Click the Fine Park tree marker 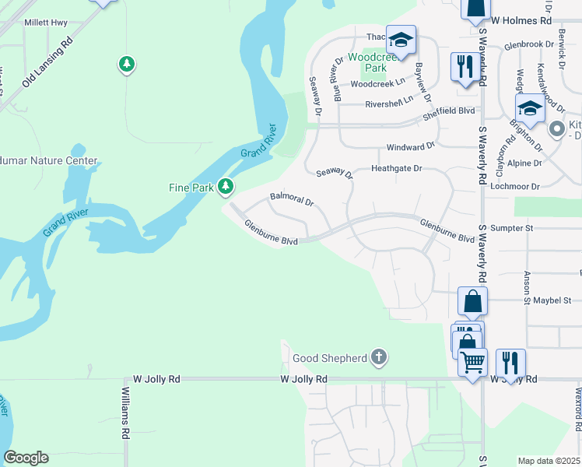[226, 186]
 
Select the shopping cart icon [472, 362]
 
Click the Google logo [26, 458]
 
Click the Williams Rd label [124, 414]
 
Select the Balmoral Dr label [291, 200]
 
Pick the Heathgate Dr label [396, 168]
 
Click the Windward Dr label [411, 146]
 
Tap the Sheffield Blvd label [448, 111]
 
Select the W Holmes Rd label [522, 20]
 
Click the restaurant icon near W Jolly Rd [510, 362]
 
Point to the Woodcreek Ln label [378, 83]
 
